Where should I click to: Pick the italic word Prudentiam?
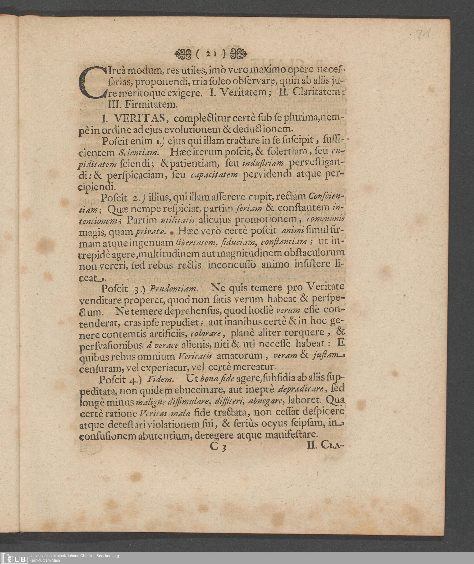tap(174, 289)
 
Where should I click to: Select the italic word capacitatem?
tap(214, 175)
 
